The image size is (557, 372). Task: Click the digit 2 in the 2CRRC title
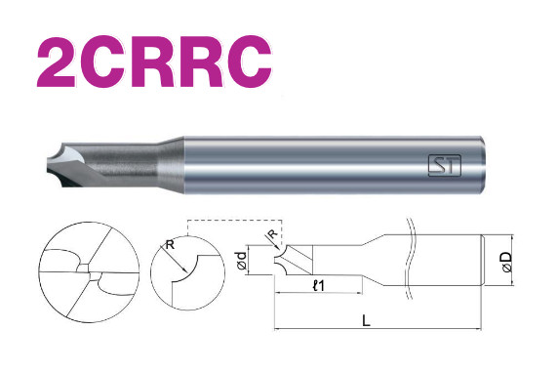pyautogui.click(x=57, y=62)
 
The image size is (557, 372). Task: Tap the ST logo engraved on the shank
pyautogui.click(x=445, y=165)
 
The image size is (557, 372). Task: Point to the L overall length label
pyautogui.click(x=366, y=321)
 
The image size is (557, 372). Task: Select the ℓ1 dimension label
pyautogui.click(x=319, y=285)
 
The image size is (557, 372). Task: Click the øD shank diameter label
pyautogui.click(x=507, y=262)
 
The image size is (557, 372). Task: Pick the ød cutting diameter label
pyautogui.click(x=242, y=261)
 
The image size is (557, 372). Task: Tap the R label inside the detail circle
pyautogui.click(x=171, y=244)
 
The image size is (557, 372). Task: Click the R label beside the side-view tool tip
pyautogui.click(x=272, y=234)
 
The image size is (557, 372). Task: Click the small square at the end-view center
pyautogui.click(x=84, y=268)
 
